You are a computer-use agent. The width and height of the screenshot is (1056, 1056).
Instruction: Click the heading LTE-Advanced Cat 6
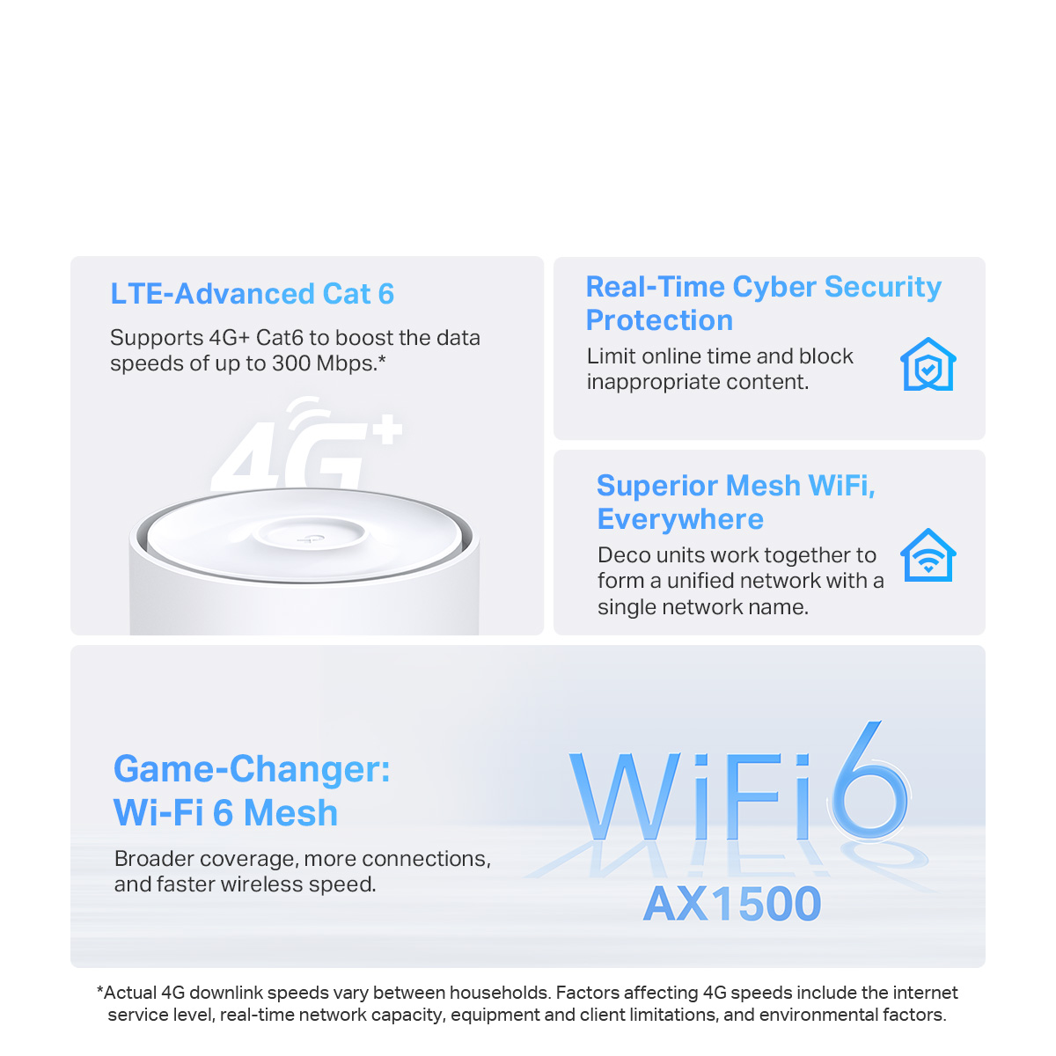tap(252, 294)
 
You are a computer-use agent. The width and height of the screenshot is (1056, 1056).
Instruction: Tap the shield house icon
tap(928, 364)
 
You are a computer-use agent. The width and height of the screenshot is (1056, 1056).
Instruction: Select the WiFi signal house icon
tap(928, 555)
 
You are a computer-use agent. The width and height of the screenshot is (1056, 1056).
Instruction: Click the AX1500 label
tap(732, 904)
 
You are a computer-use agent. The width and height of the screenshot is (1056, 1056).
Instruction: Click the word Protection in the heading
tap(659, 320)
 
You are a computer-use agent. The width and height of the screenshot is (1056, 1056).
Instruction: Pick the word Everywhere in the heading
tap(680, 519)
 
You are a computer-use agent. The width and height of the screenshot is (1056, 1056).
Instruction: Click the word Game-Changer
tap(252, 769)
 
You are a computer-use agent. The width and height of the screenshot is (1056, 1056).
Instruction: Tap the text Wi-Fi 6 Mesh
tap(225, 813)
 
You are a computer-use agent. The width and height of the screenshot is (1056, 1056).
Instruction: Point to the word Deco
tap(624, 555)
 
